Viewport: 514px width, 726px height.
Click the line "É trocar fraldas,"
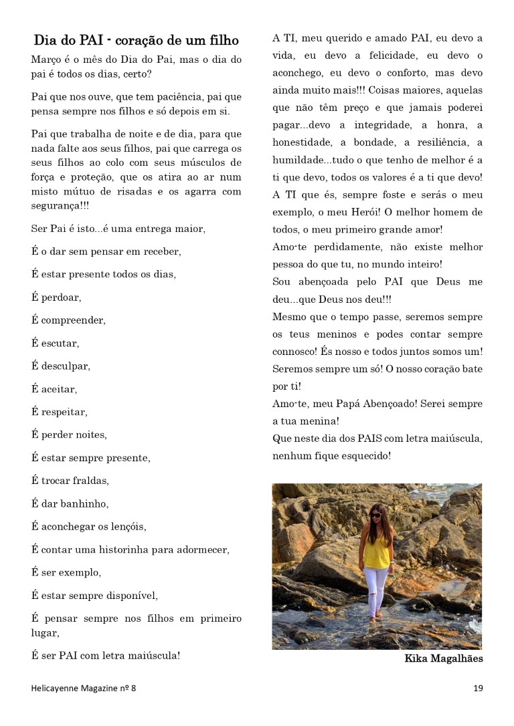(70, 481)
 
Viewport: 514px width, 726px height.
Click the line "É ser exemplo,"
(66, 572)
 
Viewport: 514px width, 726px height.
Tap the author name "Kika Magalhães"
(443, 658)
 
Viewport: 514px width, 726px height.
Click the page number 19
(477, 687)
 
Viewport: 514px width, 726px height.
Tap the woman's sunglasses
(375, 515)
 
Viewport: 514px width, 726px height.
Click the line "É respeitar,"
(60, 412)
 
